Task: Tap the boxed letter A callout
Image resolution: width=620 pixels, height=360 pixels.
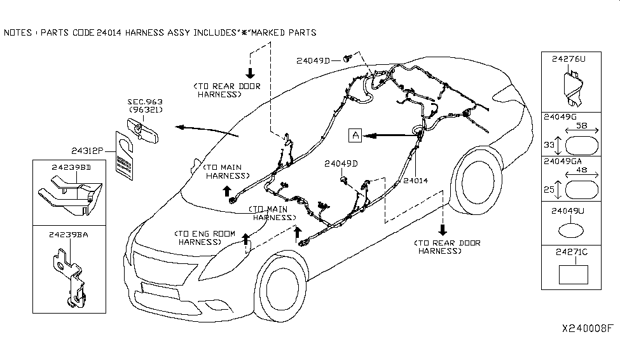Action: tap(355, 135)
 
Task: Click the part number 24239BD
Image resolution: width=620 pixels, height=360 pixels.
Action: tap(70, 168)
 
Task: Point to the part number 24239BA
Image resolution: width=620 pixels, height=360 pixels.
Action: tap(68, 235)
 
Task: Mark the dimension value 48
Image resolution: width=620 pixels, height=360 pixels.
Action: tap(581, 172)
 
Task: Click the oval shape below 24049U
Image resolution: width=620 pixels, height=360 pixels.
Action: tap(570, 231)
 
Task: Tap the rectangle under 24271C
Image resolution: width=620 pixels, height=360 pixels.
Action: tap(573, 274)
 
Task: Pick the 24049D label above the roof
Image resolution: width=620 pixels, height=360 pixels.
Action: tap(313, 61)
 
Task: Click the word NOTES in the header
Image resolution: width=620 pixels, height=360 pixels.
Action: tap(18, 32)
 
